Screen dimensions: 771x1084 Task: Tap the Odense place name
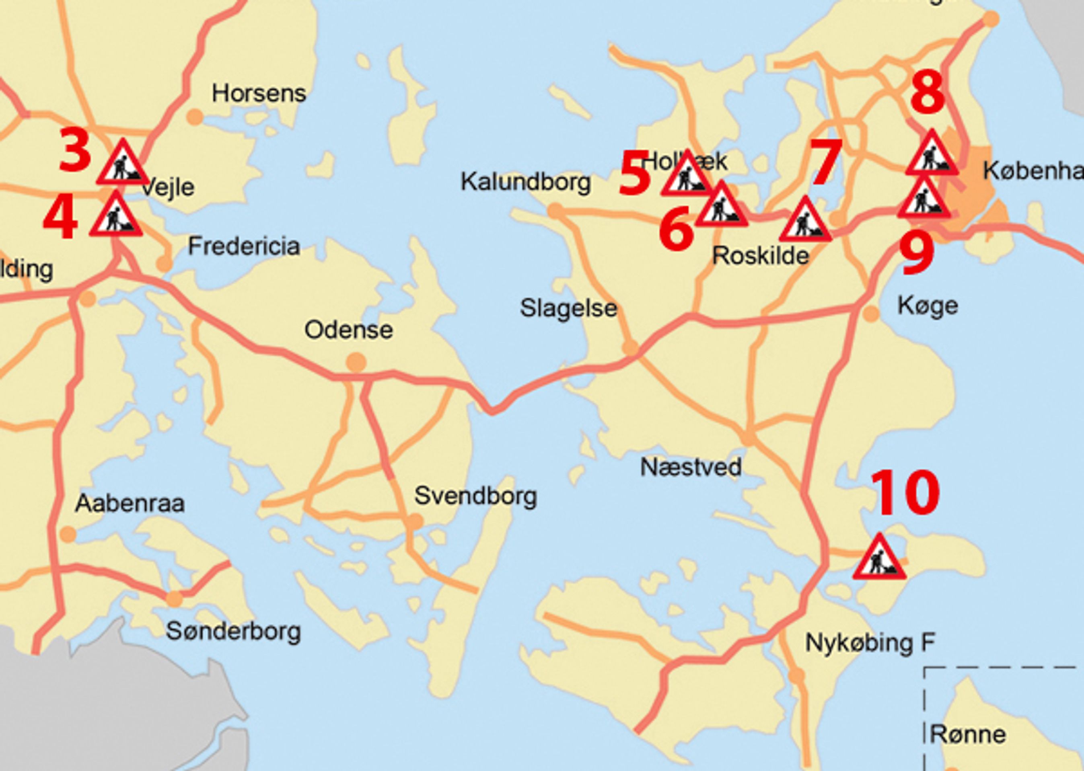point(349,330)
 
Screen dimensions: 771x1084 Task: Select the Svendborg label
point(475,496)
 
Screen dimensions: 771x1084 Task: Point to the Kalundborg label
point(525,182)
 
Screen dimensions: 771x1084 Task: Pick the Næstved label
point(690,468)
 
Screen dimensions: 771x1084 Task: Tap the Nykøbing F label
point(870,643)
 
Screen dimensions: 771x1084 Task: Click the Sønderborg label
point(233,632)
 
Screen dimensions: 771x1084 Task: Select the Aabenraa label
point(130,503)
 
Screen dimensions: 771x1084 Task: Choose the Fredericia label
point(244,246)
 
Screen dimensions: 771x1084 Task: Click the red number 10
point(905,493)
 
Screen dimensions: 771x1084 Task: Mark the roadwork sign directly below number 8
point(931,154)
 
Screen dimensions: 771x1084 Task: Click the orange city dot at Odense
point(356,362)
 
